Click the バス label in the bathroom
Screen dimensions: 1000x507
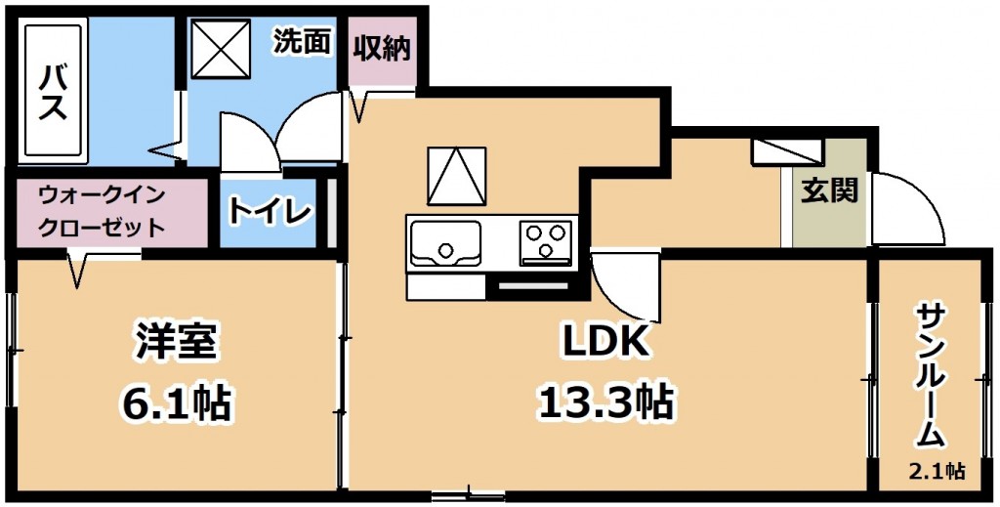(54, 92)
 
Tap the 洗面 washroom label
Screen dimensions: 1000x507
(303, 42)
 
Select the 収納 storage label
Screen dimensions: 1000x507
(383, 49)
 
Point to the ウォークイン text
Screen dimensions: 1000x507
(102, 194)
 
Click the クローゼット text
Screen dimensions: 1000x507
(102, 228)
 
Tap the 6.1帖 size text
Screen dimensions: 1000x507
(175, 401)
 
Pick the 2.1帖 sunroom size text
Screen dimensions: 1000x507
(937, 472)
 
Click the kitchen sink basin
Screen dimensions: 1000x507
(445, 243)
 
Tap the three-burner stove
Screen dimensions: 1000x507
(546, 243)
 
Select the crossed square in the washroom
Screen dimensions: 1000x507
(221, 49)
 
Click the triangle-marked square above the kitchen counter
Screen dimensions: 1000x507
(457, 177)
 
